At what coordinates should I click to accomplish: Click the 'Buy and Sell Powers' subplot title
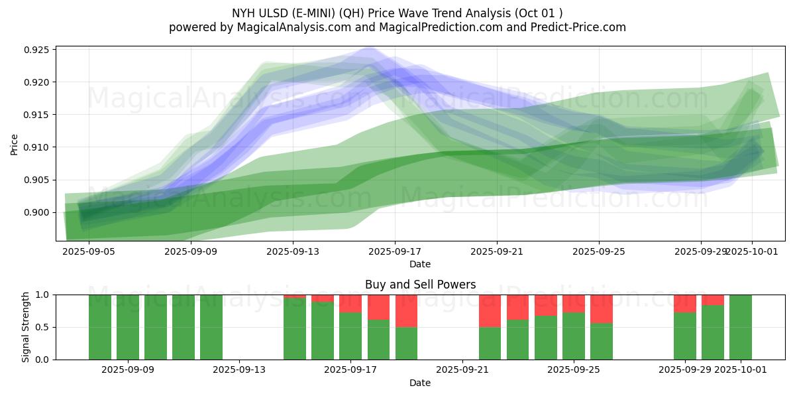[x=420, y=285]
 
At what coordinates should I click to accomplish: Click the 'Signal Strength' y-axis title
[x=26, y=327]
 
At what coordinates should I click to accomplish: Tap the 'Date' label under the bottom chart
[x=420, y=383]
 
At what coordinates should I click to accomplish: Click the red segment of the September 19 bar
[x=406, y=310]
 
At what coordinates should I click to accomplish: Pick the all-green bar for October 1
[x=741, y=327]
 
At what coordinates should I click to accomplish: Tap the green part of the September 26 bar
[x=602, y=341]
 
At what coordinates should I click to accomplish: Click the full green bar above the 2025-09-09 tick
[x=128, y=327]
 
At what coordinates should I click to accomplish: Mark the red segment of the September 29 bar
[x=685, y=303]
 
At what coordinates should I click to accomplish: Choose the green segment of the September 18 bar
[x=378, y=339]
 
